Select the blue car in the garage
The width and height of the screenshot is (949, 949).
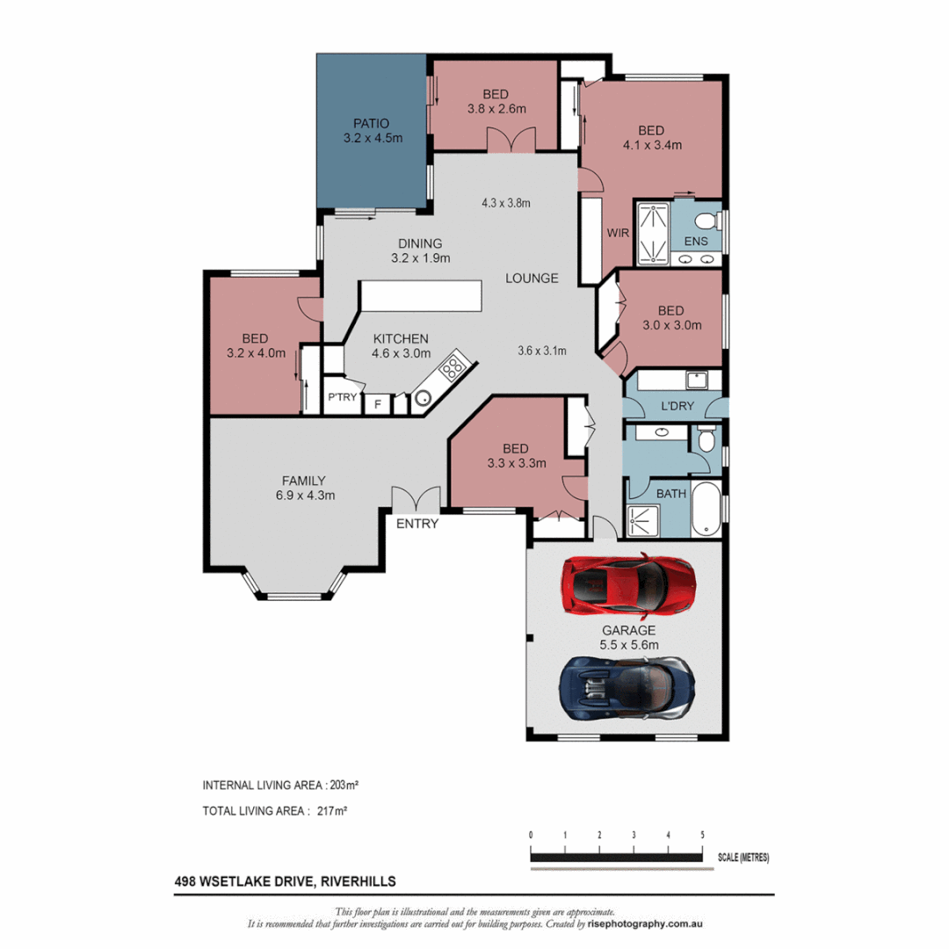click(628, 685)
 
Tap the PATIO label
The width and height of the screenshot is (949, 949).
click(372, 123)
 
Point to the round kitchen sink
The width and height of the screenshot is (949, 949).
click(423, 398)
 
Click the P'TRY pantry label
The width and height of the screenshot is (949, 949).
click(342, 396)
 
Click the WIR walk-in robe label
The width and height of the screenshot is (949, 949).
click(616, 234)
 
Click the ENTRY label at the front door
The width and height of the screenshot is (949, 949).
click(417, 524)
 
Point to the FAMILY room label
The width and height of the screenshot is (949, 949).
click(304, 480)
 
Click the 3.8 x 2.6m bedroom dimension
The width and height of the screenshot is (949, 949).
click(496, 110)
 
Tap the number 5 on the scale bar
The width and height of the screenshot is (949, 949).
click(702, 834)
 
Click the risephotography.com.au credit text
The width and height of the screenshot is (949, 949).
click(647, 924)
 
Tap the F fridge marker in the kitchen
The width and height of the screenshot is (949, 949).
click(378, 404)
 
